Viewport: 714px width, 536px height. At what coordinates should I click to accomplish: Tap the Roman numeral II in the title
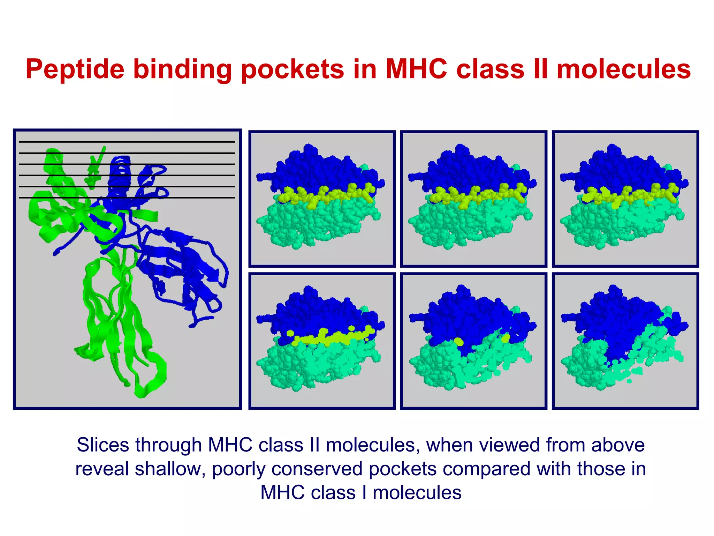pyautogui.click(x=540, y=69)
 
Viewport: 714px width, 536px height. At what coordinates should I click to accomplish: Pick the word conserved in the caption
pyautogui.click(x=317, y=469)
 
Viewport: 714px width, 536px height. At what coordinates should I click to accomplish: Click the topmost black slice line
pyautogui.click(x=127, y=142)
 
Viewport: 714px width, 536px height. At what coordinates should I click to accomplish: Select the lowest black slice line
pyautogui.click(x=127, y=198)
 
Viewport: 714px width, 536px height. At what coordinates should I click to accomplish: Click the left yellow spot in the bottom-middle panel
pyautogui.click(x=459, y=341)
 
